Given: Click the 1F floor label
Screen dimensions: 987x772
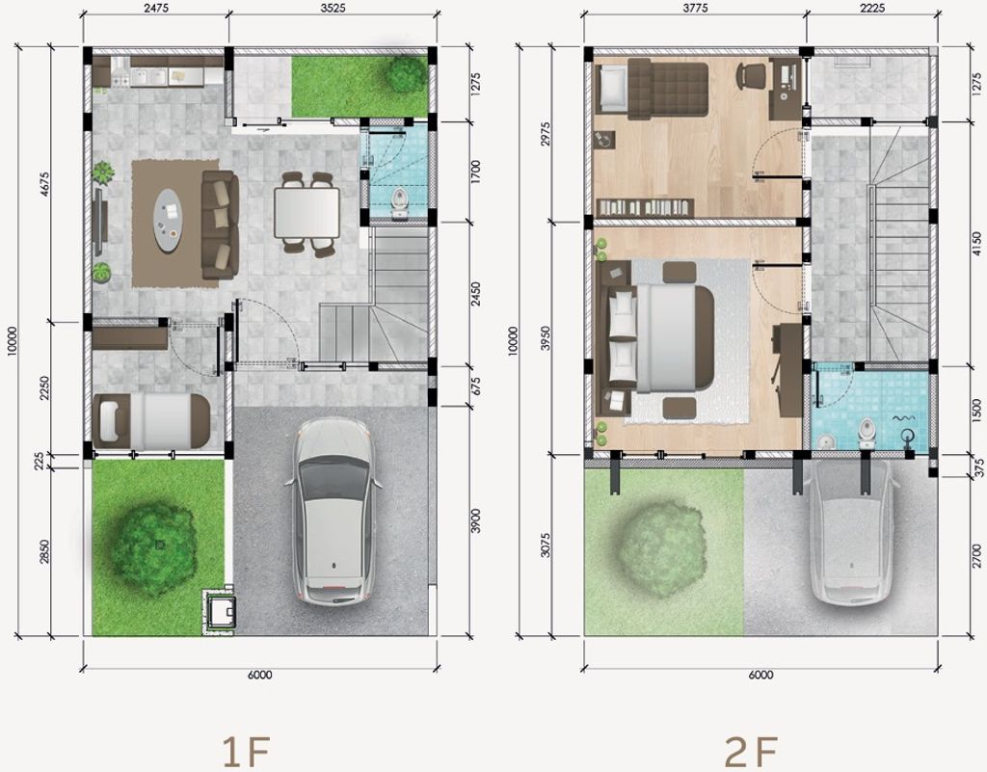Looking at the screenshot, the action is [248, 751].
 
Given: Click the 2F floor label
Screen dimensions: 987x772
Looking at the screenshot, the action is [751, 751].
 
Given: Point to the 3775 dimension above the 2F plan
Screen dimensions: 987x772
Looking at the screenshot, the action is [695, 8].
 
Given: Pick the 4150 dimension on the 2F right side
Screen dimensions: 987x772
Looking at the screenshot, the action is [976, 244].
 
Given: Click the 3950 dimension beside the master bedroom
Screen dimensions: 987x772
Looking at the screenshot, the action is [545, 339].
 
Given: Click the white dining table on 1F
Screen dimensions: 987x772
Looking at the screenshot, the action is [307, 213].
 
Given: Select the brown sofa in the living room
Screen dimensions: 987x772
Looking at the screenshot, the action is [220, 225].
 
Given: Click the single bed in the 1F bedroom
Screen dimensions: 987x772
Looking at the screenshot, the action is [151, 417].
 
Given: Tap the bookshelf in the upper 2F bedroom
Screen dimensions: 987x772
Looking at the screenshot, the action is [645, 207].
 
